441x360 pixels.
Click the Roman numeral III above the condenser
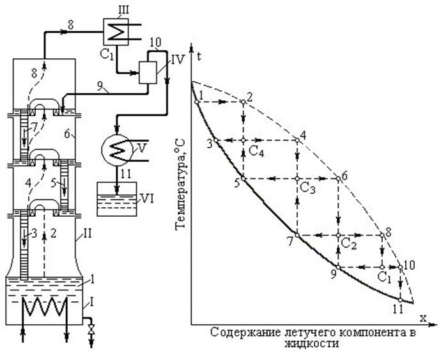123,10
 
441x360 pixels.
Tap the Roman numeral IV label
178,59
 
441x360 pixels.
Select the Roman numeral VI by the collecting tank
147,199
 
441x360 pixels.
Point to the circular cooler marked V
116,150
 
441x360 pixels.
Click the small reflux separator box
148,72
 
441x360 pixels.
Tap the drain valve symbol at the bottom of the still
91,329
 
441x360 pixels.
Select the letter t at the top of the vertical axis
199,56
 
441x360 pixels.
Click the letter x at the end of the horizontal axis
422,318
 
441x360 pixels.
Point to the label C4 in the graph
256,152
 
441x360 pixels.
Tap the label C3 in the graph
307,188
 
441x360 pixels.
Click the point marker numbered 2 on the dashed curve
244,102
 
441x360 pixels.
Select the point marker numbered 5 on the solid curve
244,179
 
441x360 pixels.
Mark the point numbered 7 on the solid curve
297,235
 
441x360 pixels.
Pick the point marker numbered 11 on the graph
400,300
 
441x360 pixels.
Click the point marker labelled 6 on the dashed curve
338,179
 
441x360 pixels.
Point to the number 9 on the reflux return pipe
100,86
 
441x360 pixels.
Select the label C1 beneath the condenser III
107,54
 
